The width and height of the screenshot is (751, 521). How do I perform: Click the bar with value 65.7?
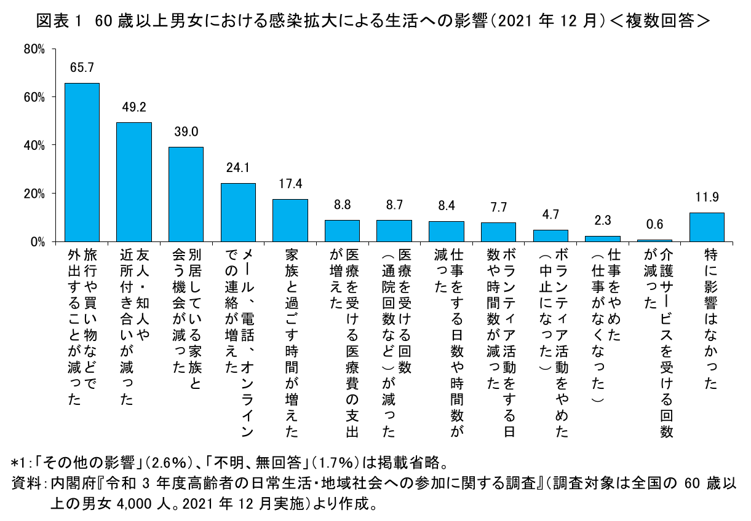tap(82, 162)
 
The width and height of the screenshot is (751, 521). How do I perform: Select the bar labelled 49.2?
tap(134, 182)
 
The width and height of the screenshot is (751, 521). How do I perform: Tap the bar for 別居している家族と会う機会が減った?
tap(186, 194)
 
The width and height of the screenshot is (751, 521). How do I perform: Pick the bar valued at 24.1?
tap(238, 212)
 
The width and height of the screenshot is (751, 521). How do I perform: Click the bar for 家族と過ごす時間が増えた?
tap(290, 220)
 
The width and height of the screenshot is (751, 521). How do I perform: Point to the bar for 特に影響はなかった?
tap(706, 227)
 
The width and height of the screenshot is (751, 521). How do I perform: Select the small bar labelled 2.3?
tap(602, 238)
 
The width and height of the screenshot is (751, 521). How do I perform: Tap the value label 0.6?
tap(654, 225)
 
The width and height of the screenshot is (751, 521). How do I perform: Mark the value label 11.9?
tap(706, 198)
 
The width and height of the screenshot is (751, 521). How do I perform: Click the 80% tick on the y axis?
tap(34, 49)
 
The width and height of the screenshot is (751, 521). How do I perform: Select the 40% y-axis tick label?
tap(34, 145)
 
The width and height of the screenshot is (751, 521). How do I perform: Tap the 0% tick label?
tap(38, 241)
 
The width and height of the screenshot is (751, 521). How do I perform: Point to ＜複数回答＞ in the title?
tap(659, 22)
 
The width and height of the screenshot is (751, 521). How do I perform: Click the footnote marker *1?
tap(20, 461)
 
